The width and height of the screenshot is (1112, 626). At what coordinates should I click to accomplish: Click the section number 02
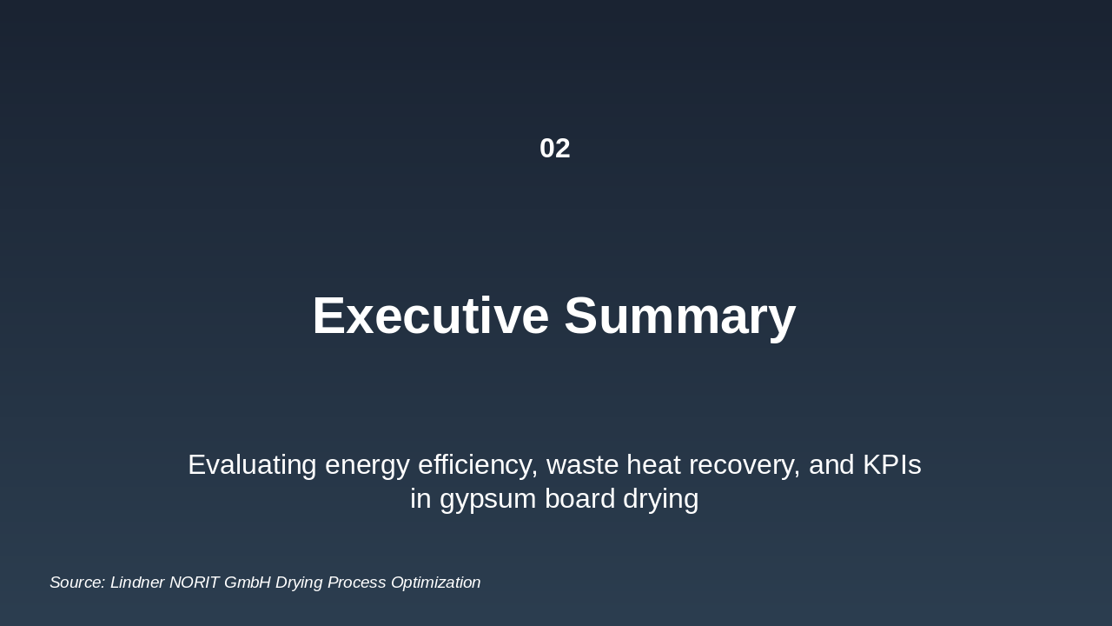click(x=554, y=149)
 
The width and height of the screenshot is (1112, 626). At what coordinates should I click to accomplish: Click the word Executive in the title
click(x=430, y=316)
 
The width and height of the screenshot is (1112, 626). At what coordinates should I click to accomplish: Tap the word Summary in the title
click(x=679, y=316)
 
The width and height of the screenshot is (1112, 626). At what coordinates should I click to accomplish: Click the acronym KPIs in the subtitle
click(x=891, y=465)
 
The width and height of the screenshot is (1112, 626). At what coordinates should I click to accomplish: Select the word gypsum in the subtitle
click(x=487, y=500)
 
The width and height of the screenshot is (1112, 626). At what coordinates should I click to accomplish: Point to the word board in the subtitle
click(x=579, y=500)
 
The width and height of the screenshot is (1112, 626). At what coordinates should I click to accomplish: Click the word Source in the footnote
click(x=76, y=583)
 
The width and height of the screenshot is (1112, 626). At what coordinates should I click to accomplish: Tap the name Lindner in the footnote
click(x=137, y=583)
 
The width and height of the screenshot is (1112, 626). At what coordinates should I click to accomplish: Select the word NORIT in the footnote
click(x=194, y=583)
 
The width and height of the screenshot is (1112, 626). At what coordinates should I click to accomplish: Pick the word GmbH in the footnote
click(x=247, y=583)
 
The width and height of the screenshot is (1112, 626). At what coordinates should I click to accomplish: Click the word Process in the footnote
click(x=356, y=583)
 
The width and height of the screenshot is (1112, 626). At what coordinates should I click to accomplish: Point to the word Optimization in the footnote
click(x=435, y=583)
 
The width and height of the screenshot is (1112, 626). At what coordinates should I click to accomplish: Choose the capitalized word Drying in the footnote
click(x=299, y=583)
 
